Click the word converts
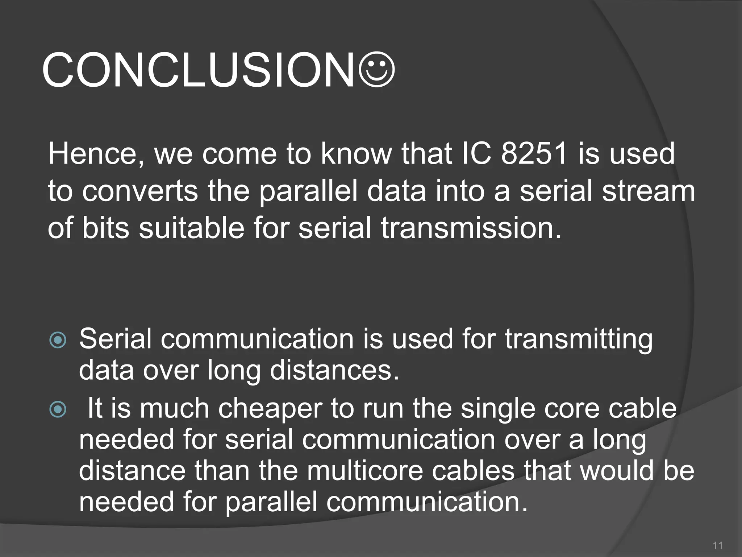click(140, 191)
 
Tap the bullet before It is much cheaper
click(58, 409)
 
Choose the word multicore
click(365, 470)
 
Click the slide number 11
click(717, 545)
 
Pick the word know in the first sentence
click(356, 153)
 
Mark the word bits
click(105, 228)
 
